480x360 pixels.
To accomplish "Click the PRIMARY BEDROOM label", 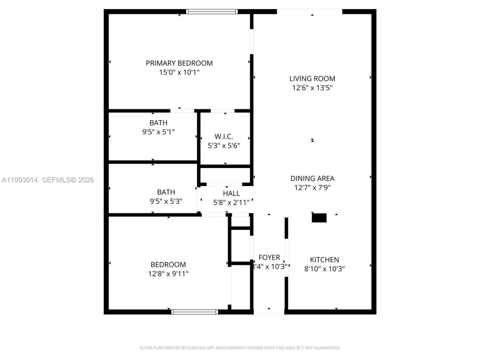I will tap(179, 63).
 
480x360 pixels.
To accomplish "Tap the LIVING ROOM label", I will tap(312, 79).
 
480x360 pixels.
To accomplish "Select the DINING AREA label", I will tap(312, 178).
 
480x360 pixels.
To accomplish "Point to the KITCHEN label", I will tap(324, 259).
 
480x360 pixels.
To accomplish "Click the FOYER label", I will tap(269, 257).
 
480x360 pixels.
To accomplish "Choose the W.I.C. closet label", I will tap(224, 136).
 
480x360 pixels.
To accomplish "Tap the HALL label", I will tap(231, 193).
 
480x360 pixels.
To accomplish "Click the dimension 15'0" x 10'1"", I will tap(179, 72).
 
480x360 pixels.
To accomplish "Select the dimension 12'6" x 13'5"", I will tap(312, 88).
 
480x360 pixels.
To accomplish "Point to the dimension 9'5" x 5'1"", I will tap(158, 132).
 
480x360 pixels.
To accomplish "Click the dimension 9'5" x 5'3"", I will tap(166, 201).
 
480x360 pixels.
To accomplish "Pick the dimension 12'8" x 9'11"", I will tap(168, 274).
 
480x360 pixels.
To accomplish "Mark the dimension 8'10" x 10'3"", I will tap(324, 268).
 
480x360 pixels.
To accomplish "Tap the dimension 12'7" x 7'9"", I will tap(312, 187).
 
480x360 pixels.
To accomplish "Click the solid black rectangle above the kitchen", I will tap(319, 218).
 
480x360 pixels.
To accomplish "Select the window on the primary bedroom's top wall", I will tap(212, 12).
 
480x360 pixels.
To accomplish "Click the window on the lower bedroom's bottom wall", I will tap(195, 312).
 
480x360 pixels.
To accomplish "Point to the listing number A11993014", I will tap(19, 180).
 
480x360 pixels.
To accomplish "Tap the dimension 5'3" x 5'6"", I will tap(224, 145).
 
